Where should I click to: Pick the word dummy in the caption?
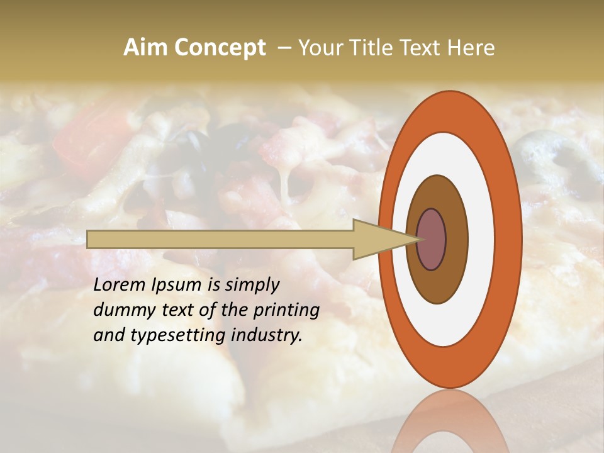(121, 311)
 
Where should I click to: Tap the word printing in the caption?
(286, 311)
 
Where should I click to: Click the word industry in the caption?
(266, 335)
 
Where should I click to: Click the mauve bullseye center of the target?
(432, 240)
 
